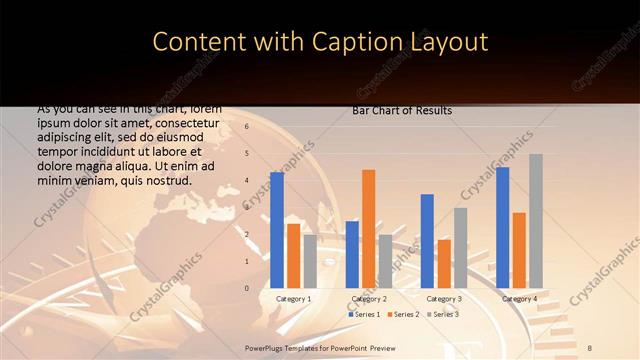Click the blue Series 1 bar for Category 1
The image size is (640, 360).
click(277, 230)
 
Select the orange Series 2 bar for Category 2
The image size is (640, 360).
click(369, 229)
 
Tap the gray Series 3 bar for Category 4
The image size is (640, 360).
click(536, 221)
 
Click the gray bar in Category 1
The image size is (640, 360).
click(310, 261)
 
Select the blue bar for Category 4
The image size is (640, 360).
click(503, 227)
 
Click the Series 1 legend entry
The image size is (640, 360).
click(364, 314)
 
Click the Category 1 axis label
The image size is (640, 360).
click(293, 298)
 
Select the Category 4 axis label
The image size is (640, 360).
click(519, 298)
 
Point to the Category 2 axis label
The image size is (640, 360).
click(369, 298)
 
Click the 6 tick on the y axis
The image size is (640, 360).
click(246, 127)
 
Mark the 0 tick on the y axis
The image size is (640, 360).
click(246, 288)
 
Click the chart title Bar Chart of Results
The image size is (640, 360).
click(402, 110)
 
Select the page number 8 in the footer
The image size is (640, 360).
click(590, 346)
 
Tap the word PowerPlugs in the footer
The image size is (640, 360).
click(266, 346)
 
